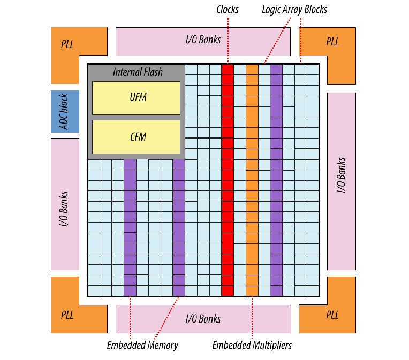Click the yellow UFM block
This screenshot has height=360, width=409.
click(136, 97)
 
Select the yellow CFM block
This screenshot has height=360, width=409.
click(136, 136)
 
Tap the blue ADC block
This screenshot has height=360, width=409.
click(65, 111)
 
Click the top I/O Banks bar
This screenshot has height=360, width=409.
click(203, 41)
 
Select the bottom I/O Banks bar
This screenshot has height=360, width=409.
click(203, 319)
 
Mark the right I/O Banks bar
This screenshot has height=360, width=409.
click(341, 181)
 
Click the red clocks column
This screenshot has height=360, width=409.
click(228, 180)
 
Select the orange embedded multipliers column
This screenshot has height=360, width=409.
click(252, 180)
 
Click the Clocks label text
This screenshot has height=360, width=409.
click(228, 10)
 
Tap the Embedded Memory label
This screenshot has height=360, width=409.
click(142, 345)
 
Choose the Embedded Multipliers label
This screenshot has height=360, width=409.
click(252, 345)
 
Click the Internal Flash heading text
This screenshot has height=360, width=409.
click(138, 72)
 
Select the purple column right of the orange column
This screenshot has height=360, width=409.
click(276, 180)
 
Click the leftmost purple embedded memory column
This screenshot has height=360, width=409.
click(130, 227)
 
